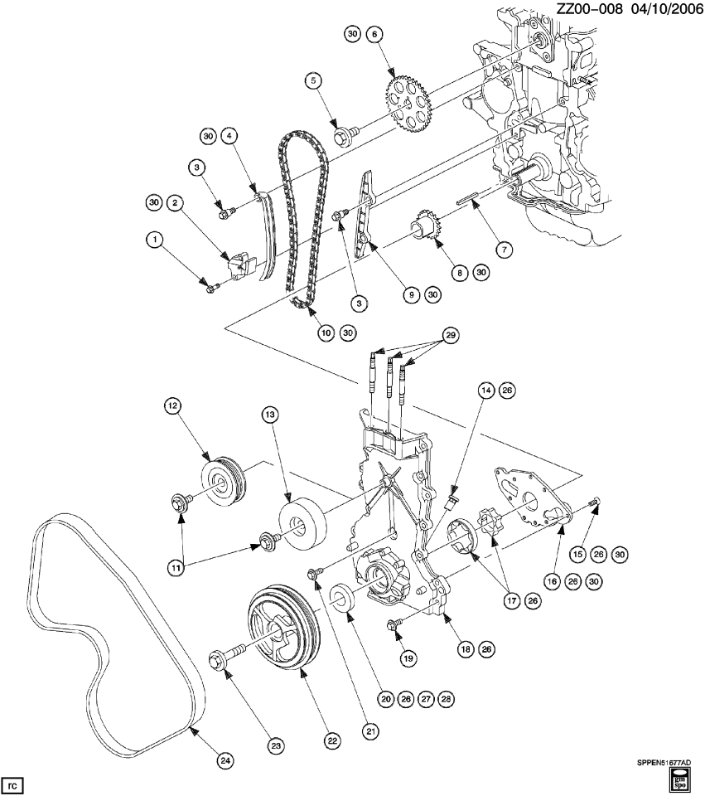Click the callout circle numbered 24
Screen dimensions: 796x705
(225, 759)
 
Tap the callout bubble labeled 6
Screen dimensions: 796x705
(374, 34)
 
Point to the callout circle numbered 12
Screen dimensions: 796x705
(171, 406)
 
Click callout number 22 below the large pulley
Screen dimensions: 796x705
(332, 740)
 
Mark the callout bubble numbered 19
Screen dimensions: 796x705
(406, 658)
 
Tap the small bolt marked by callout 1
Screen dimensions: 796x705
(210, 287)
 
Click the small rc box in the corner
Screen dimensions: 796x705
(12, 782)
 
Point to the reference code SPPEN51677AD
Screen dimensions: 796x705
(663, 762)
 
